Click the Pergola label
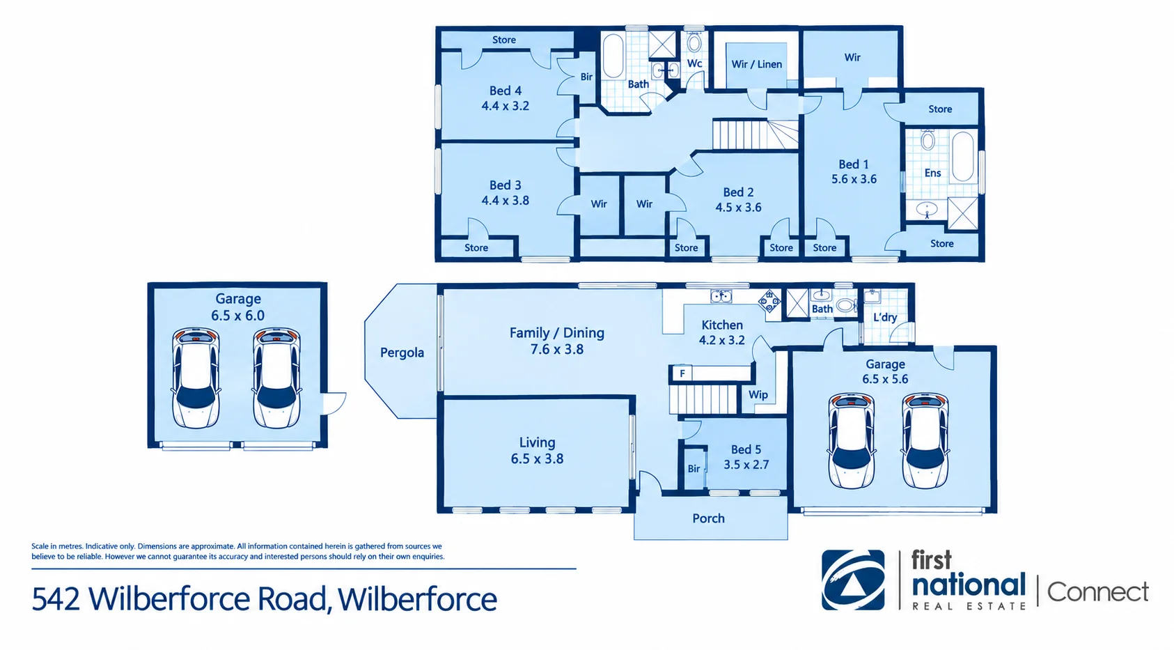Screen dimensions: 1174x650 pos(402,353)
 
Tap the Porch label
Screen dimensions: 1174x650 pos(709,518)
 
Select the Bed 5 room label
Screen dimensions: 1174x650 pos(746,449)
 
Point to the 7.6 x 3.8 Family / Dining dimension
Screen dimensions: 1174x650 pos(556,349)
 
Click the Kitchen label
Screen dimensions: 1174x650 pos(721,325)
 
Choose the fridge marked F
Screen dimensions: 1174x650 pos(682,373)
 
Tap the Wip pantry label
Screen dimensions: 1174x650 pos(758,395)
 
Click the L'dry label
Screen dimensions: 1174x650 pos(885,317)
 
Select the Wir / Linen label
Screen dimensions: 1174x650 pos(756,64)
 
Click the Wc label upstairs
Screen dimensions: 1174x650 pos(694,63)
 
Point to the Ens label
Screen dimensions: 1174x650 pos(932,173)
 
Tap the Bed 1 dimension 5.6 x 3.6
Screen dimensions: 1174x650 pos(854,179)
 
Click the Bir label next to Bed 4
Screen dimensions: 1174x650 pos(586,77)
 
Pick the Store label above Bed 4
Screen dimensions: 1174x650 pos(503,40)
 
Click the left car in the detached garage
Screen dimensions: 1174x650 pos(196,378)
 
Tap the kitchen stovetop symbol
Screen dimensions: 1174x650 pos(769,302)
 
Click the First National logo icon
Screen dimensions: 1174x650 pos(853,580)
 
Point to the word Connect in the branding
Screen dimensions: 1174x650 pos(1097,592)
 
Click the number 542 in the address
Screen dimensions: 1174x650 pos(56,599)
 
